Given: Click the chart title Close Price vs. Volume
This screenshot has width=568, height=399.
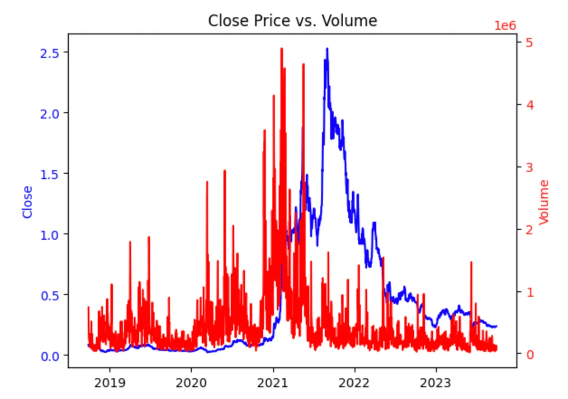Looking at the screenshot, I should point(292,20).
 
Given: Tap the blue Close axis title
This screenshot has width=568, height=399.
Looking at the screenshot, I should point(28,202).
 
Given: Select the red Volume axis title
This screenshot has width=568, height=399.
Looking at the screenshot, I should point(544,202).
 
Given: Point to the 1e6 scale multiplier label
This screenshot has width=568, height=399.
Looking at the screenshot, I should point(506,25).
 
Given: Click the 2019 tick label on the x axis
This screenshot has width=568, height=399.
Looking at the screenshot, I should point(109,384).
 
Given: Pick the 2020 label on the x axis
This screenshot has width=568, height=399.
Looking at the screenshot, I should point(191,384).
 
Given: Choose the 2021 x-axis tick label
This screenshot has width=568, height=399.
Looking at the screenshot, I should point(273,384).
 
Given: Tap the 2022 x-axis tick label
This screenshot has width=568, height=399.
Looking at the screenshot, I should point(355,384).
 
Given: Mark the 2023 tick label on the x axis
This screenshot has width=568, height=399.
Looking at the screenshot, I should point(436,384).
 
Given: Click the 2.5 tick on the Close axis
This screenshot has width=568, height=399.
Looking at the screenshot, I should point(51,52).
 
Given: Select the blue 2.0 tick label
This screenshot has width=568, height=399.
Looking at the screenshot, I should point(51,113).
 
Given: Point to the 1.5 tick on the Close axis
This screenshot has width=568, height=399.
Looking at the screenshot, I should point(51,173).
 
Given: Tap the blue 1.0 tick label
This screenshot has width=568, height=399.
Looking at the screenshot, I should point(51,234).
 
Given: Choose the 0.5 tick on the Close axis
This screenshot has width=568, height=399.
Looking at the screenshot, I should point(51,294).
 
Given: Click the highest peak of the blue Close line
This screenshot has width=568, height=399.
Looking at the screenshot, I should point(327,48).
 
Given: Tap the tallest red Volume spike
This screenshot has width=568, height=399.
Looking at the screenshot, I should point(281,49).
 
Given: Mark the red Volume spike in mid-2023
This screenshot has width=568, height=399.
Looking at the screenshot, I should point(471,262).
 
